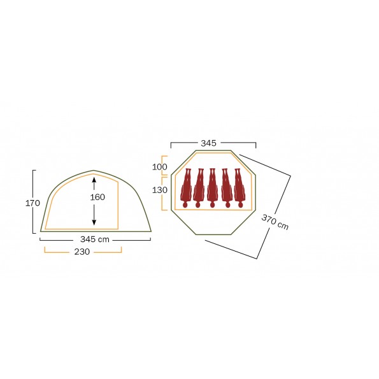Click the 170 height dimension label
(x=32, y=203)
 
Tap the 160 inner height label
(x=97, y=197)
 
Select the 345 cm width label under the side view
(x=95, y=240)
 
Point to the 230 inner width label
(x=82, y=252)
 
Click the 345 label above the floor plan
(x=208, y=143)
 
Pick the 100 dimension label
(x=159, y=167)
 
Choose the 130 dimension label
(x=159, y=190)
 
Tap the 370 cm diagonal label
(x=275, y=222)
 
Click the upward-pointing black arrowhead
(x=94, y=180)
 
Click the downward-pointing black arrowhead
(x=94, y=222)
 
